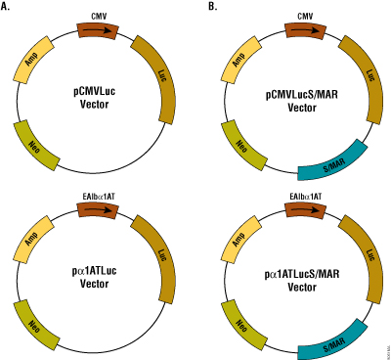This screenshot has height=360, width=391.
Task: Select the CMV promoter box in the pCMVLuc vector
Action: pos(98,30)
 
